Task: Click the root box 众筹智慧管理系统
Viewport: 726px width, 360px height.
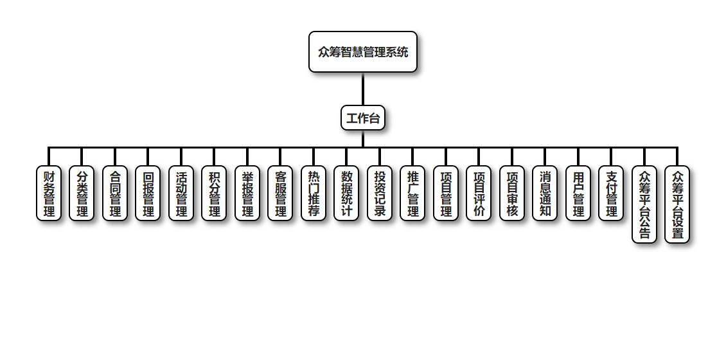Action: pyautogui.click(x=363, y=52)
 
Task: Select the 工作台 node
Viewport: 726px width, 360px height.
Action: pyautogui.click(x=363, y=118)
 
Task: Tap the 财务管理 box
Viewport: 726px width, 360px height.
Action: pyautogui.click(x=49, y=194)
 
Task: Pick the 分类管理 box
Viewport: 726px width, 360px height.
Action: pyautogui.click(x=82, y=194)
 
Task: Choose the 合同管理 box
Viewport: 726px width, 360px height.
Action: pyautogui.click(x=115, y=194)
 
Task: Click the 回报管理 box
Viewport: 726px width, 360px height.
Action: pyautogui.click(x=148, y=194)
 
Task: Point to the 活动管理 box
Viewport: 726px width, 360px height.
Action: pyautogui.click(x=181, y=194)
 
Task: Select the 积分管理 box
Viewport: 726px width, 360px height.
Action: pyautogui.click(x=214, y=194)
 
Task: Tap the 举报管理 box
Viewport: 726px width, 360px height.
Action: pyautogui.click(x=247, y=194)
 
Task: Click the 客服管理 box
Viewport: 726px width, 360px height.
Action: pyautogui.click(x=280, y=194)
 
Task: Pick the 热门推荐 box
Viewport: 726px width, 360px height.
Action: pyautogui.click(x=314, y=194)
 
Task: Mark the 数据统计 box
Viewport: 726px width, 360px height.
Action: pyautogui.click(x=346, y=194)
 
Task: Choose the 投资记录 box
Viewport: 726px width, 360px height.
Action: pyautogui.click(x=380, y=194)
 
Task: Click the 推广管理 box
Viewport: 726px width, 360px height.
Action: pyautogui.click(x=412, y=194)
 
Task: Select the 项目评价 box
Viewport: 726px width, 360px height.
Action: pyautogui.click(x=479, y=194)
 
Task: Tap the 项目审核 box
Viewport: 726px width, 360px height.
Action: pyautogui.click(x=512, y=194)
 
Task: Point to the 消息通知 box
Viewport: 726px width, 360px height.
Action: pyautogui.click(x=545, y=194)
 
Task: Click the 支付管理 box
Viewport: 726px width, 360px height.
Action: pyautogui.click(x=611, y=194)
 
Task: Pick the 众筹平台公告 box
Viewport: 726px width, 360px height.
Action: pyautogui.click(x=644, y=204)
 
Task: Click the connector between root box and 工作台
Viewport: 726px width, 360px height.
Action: pyautogui.click(x=363, y=89)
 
